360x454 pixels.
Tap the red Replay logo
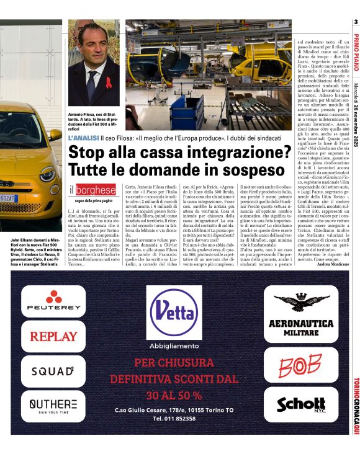[53, 337]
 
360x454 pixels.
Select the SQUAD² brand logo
[53, 372]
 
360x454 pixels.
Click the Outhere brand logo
[53, 406]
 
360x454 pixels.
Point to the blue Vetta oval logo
[174, 311]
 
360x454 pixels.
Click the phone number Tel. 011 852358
[174, 419]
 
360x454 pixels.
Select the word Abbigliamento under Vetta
[174, 345]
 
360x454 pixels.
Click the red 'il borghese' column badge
[92, 190]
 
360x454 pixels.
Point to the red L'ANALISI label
[83, 136]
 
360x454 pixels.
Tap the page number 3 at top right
[356, 23]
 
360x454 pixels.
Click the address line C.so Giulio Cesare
[174, 410]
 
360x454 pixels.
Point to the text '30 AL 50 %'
[174, 395]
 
